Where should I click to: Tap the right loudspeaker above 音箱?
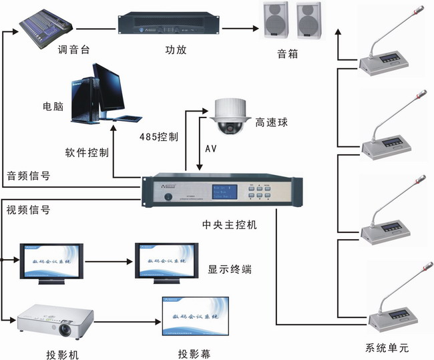tap(308, 21)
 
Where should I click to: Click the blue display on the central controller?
tap(223, 193)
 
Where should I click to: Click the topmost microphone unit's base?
tap(385, 63)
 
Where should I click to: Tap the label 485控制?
tap(158, 137)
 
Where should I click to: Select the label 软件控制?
tap(87, 152)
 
